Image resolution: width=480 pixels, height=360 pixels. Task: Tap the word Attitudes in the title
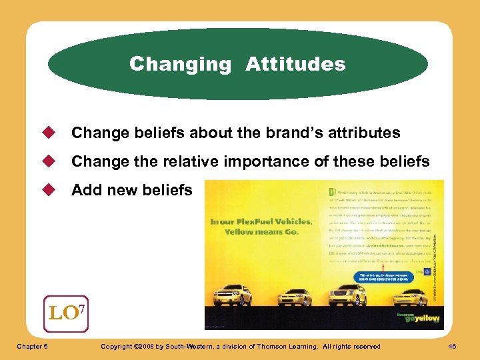point(295,65)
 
